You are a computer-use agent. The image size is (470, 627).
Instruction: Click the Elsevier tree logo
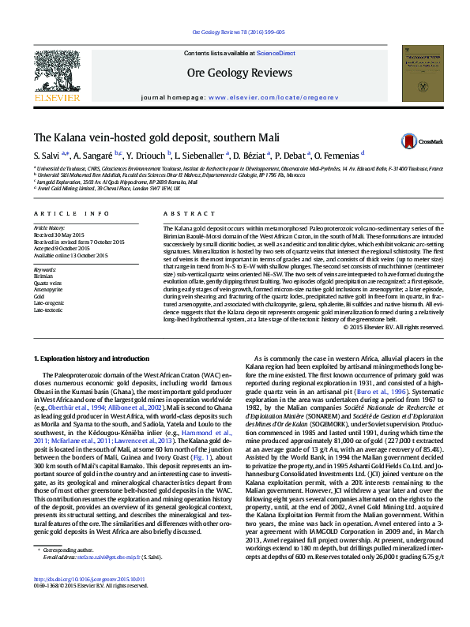point(57,74)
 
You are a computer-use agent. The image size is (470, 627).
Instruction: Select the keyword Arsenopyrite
point(48,289)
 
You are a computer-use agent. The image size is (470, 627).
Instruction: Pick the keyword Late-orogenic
point(48,302)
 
